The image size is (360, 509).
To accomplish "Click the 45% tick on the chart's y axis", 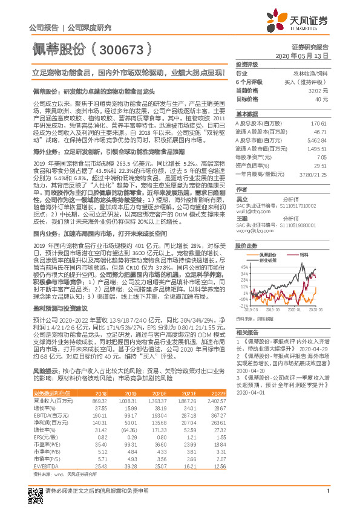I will (243, 266).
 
